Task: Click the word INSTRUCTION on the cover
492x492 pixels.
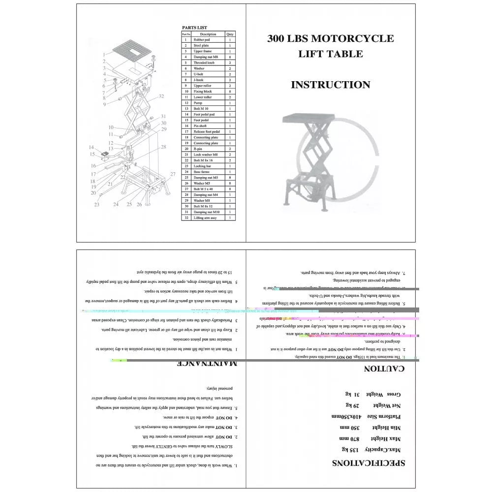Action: coord(330,85)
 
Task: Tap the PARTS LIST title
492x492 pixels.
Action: coord(194,28)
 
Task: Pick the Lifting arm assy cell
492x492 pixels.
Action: coord(206,217)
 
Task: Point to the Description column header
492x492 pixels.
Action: coord(208,34)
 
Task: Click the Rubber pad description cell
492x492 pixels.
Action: coord(202,40)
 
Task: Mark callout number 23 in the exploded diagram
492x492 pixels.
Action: coord(97,204)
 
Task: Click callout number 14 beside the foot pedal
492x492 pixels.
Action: coord(91,147)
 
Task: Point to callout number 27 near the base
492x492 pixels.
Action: coord(173,174)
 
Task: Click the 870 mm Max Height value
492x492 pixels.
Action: coord(347,438)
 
